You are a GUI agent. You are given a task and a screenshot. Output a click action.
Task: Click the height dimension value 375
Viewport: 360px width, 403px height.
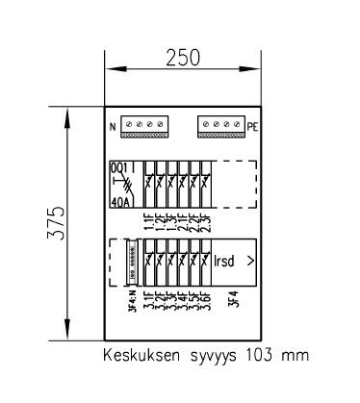tap(57, 223)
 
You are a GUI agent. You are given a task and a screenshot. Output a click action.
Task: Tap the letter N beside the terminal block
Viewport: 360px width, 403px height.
tap(112, 127)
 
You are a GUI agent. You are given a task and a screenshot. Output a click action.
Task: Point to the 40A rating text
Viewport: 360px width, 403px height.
tap(120, 203)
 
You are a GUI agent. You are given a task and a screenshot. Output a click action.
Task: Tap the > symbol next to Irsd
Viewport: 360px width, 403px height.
tap(250, 260)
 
